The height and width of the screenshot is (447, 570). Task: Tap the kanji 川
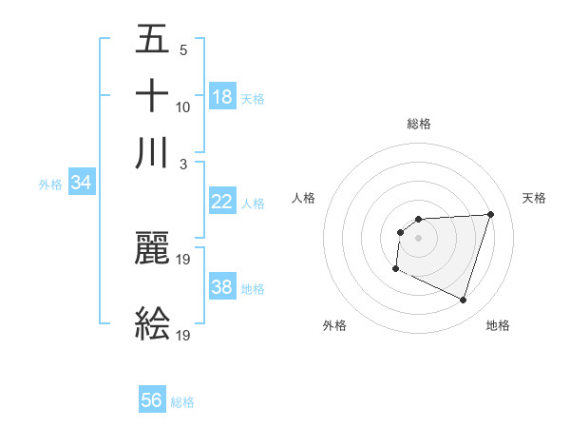pyautogui.click(x=152, y=153)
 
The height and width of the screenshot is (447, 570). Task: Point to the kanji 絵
pyautogui.click(x=152, y=323)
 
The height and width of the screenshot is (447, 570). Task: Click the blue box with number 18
pyautogui.click(x=222, y=97)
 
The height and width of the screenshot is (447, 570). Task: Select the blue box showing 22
pyautogui.click(x=222, y=202)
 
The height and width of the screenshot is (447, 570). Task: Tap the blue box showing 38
pyautogui.click(x=222, y=287)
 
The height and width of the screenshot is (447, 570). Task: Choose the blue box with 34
pyautogui.click(x=81, y=183)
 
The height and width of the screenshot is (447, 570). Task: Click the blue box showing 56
pyautogui.click(x=152, y=400)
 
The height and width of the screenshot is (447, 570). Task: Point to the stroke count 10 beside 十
pyautogui.click(x=183, y=107)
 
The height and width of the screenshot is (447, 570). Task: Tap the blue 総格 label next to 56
pyautogui.click(x=182, y=402)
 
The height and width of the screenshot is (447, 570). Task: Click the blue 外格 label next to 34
pyautogui.click(x=49, y=185)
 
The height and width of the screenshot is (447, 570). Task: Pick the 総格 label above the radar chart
pyautogui.click(x=418, y=124)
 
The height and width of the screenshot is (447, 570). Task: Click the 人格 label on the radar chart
pyautogui.click(x=304, y=198)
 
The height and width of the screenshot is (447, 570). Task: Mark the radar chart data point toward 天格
pyautogui.click(x=490, y=214)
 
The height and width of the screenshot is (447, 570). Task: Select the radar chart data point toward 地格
pyautogui.click(x=463, y=301)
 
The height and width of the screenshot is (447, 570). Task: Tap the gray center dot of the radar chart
pyautogui.click(x=418, y=238)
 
